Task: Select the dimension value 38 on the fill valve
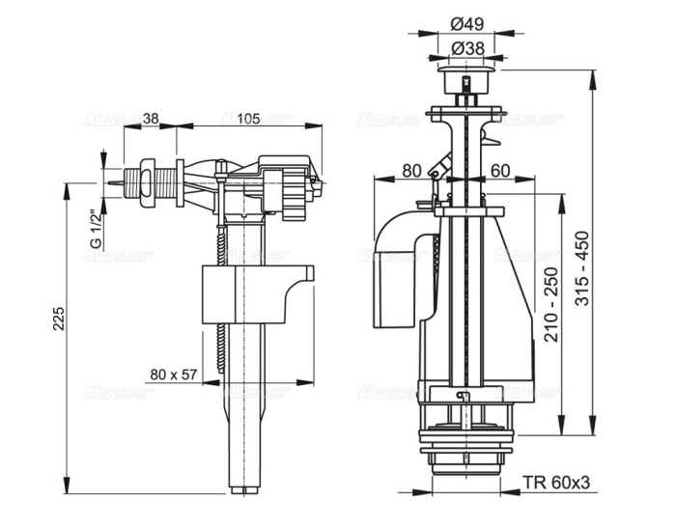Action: point(151,119)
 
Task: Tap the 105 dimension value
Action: point(248,119)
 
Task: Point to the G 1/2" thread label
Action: point(96,230)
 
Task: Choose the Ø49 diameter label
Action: point(467,23)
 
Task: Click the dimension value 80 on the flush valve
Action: point(410,171)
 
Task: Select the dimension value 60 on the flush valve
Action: point(499,171)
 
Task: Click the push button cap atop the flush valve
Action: point(466,76)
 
